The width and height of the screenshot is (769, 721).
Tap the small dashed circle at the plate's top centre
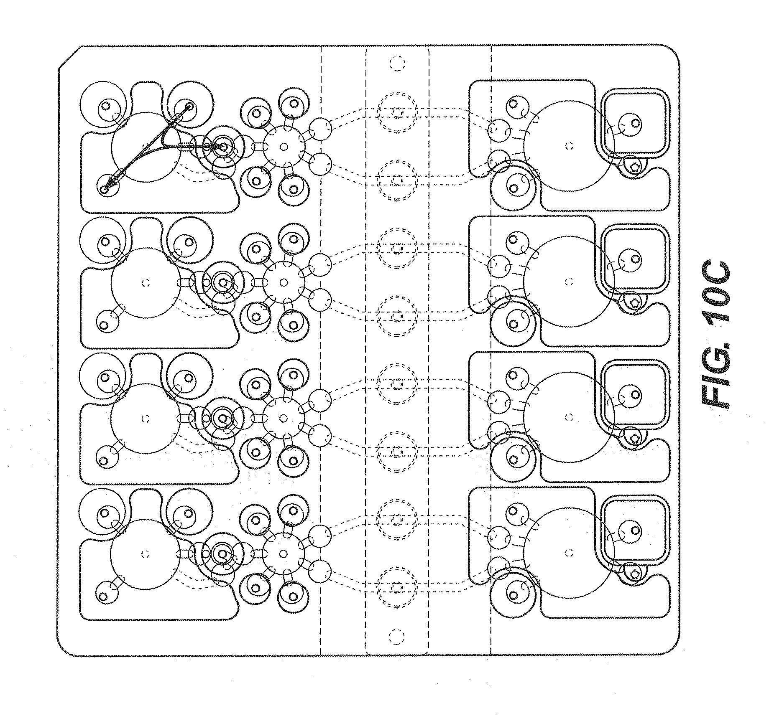397,63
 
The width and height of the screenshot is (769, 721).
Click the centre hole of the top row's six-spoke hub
284,147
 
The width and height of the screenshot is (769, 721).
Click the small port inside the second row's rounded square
636,259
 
